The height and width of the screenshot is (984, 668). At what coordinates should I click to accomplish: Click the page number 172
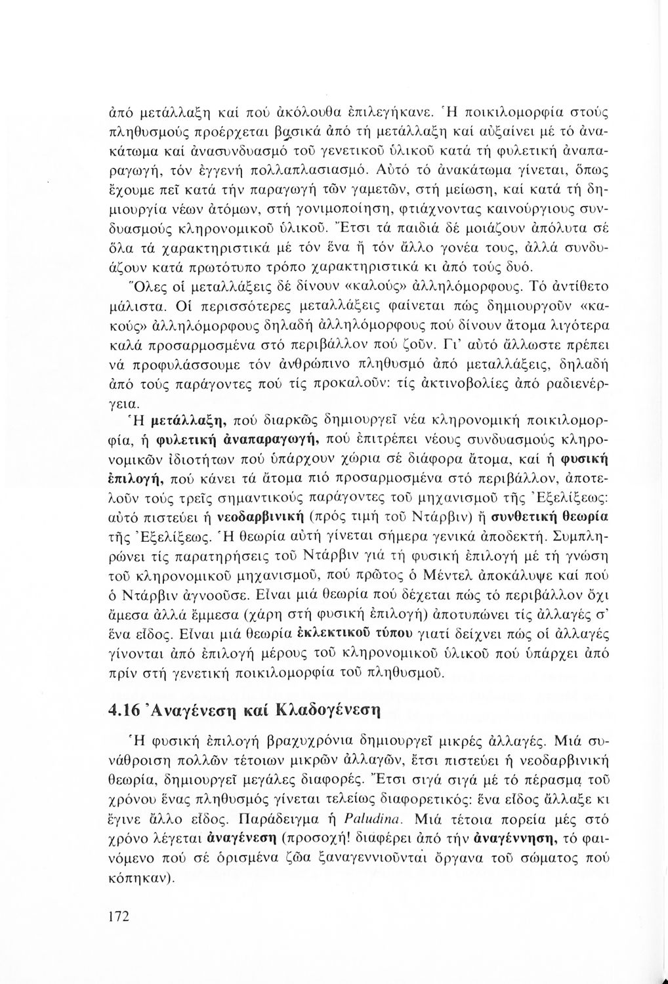pyautogui.click(x=119, y=915)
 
